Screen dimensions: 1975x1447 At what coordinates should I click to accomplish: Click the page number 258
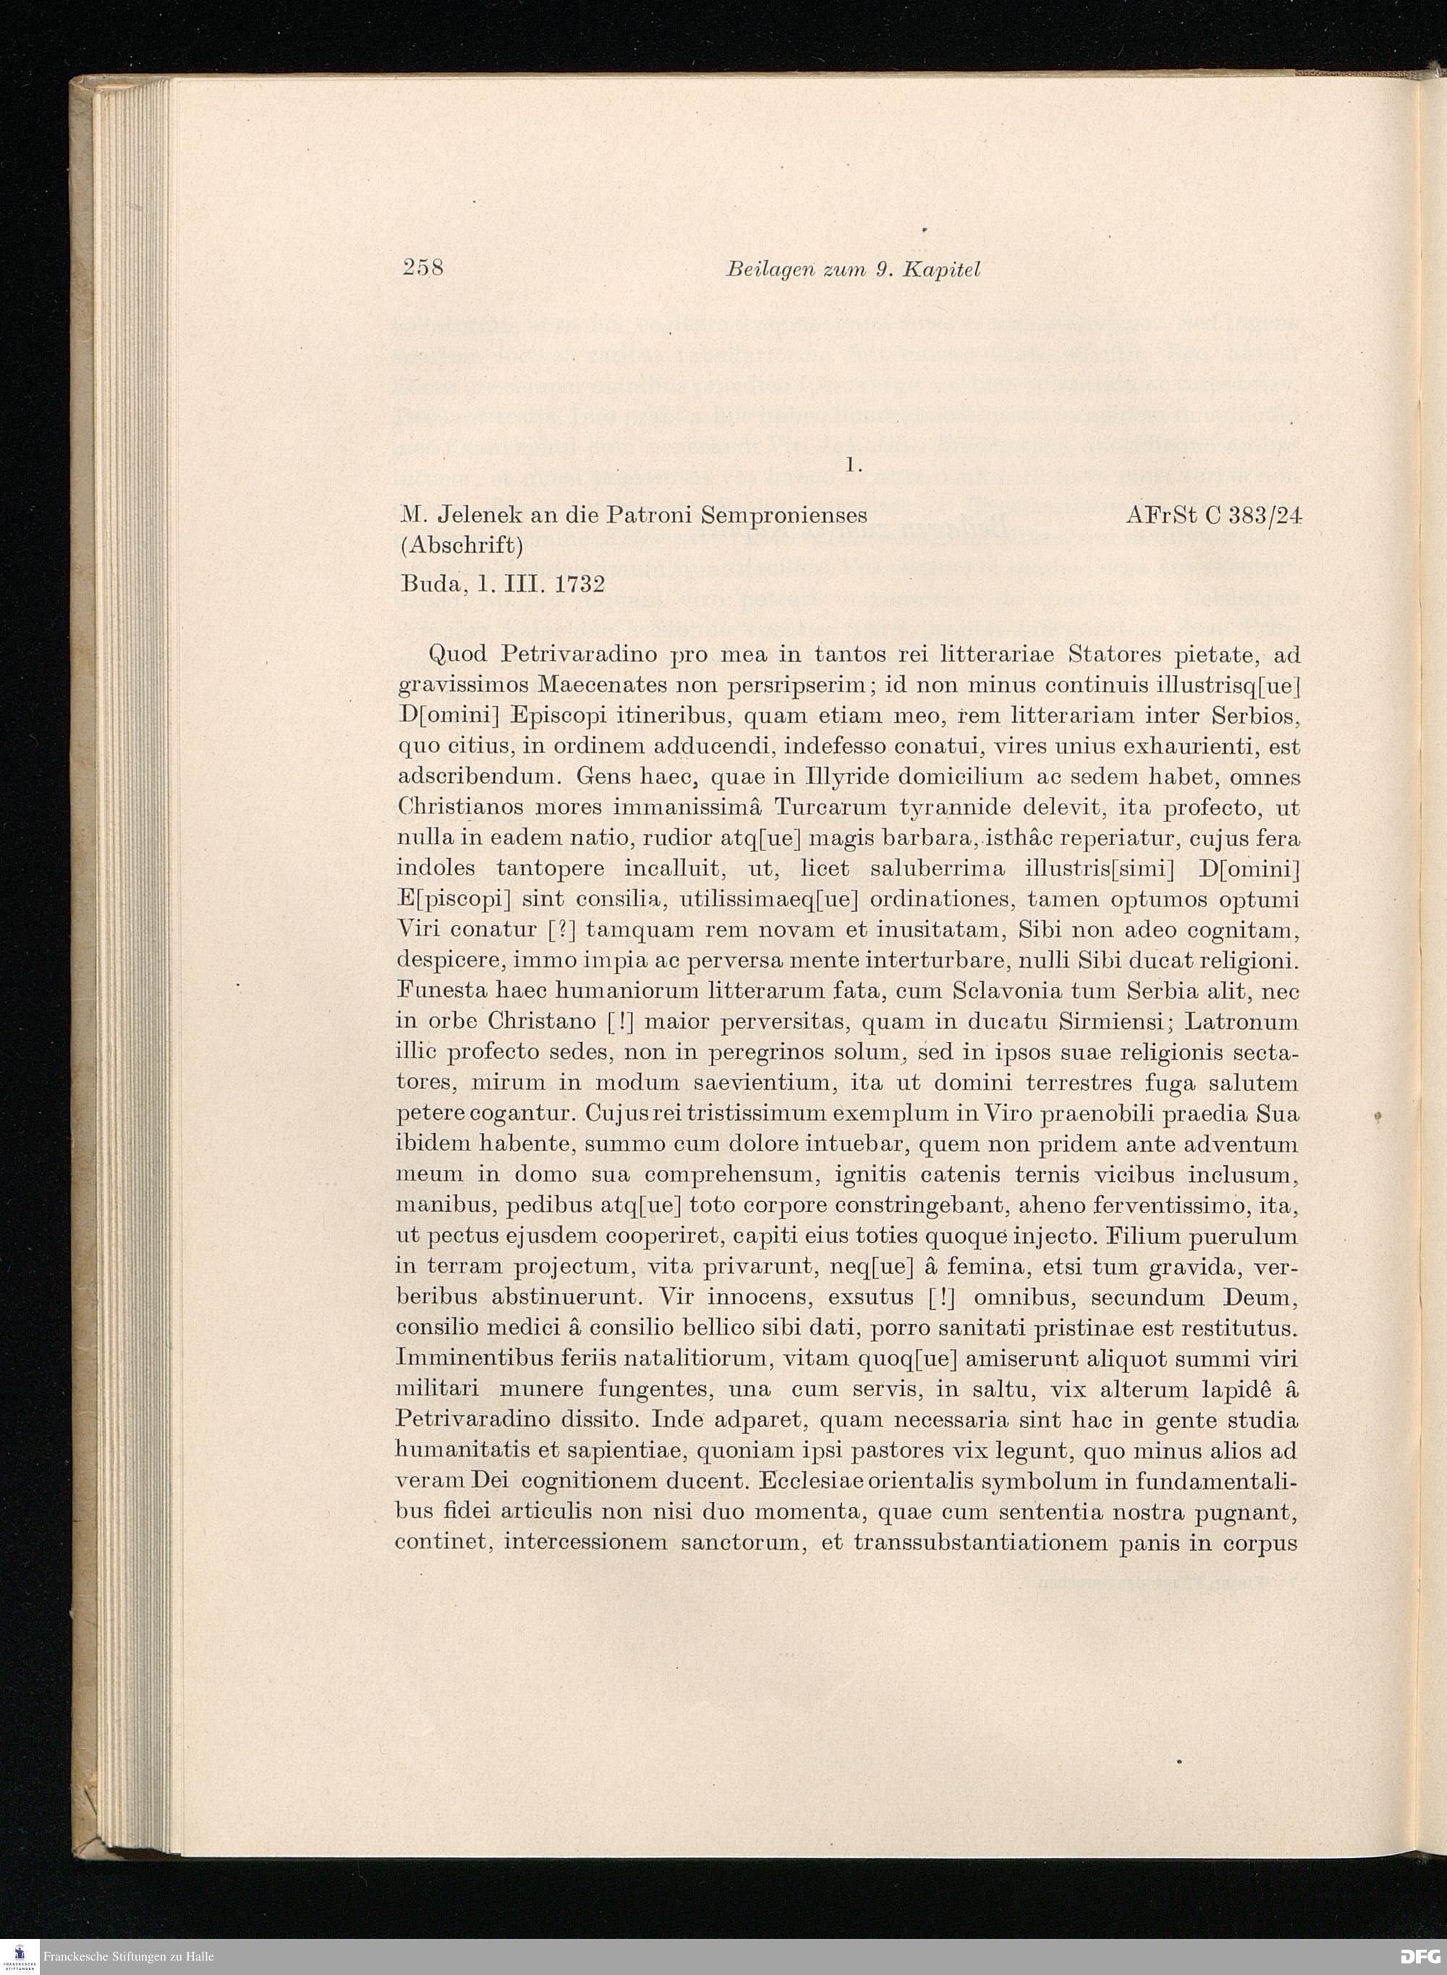[x=423, y=268]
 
